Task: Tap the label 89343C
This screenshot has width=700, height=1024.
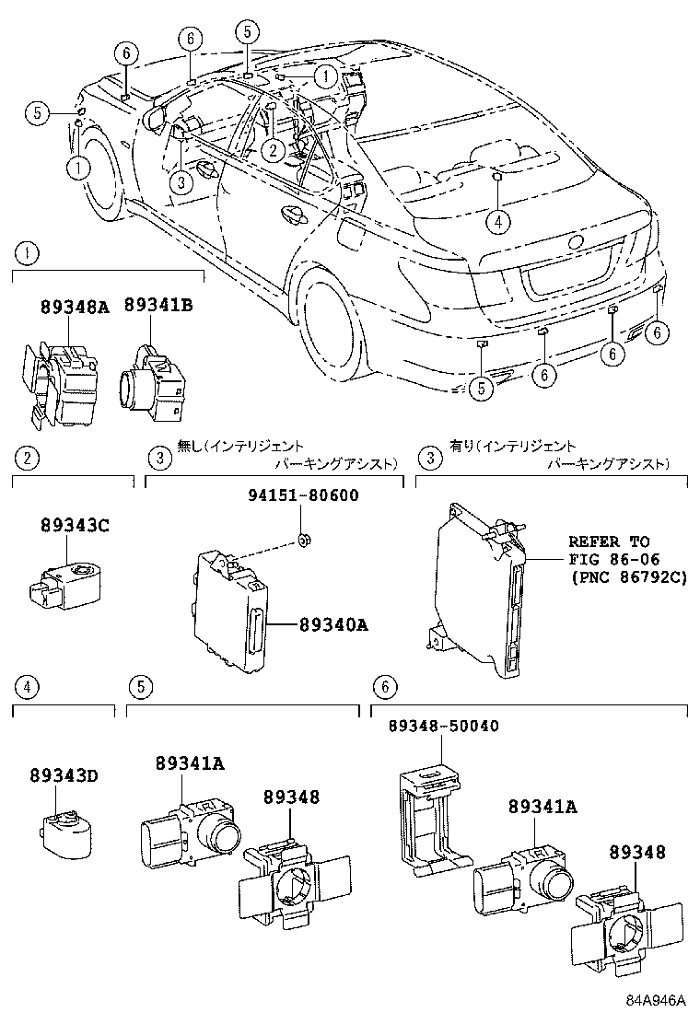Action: pyautogui.click(x=75, y=526)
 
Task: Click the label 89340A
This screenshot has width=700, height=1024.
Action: pyautogui.click(x=333, y=625)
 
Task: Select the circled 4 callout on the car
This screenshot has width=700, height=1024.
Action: pyautogui.click(x=496, y=220)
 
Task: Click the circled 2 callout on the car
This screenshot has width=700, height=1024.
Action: pyautogui.click(x=273, y=149)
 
